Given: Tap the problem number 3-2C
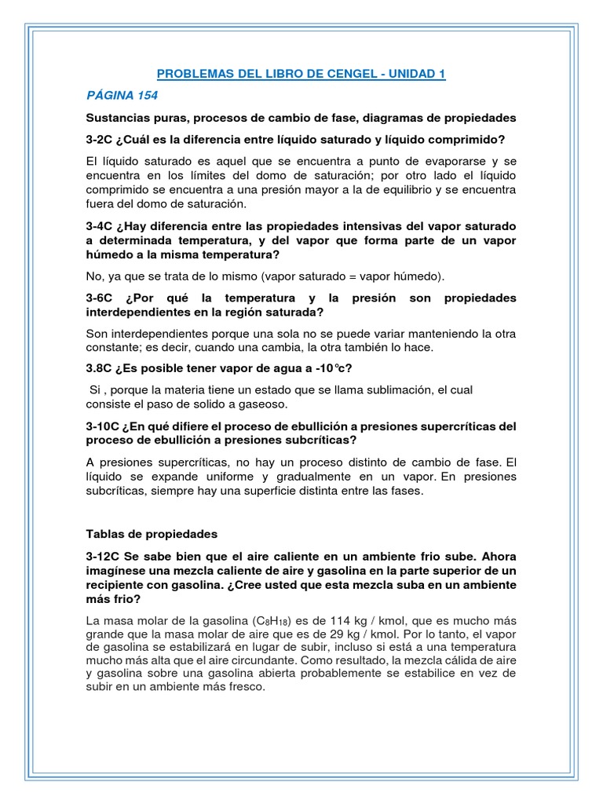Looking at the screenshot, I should [101, 140].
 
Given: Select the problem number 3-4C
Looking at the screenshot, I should [101, 226].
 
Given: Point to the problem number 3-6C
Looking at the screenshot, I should [101, 298].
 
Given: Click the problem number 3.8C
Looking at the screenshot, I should [101, 370].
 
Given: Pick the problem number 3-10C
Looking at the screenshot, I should [104, 426].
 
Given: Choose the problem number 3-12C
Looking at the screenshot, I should [104, 556].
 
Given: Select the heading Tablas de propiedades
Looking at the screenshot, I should [151, 534].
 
